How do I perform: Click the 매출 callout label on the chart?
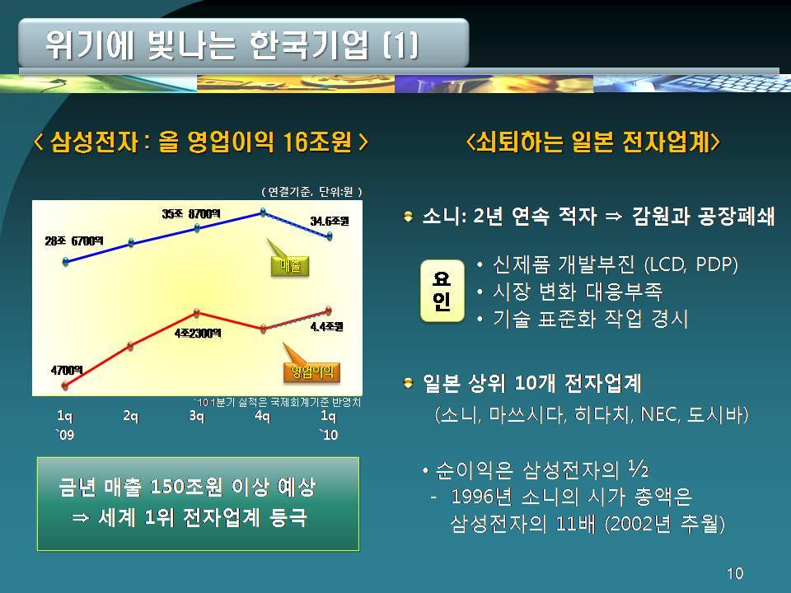(289, 266)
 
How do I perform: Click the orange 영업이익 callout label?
(311, 372)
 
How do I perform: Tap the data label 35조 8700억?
(190, 214)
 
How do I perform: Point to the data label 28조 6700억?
(73, 241)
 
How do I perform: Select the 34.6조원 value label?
(330, 221)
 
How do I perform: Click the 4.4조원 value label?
(327, 327)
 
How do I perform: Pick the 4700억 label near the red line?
(67, 371)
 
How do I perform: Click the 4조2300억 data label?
(198, 334)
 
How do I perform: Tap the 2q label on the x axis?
(131, 416)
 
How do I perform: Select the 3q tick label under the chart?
(196, 416)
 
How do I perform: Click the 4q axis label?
(262, 416)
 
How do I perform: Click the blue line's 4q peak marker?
(263, 212)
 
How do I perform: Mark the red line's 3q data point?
(197, 313)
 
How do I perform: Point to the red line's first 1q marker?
(65, 385)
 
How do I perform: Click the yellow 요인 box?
(442, 291)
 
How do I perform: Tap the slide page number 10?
(734, 573)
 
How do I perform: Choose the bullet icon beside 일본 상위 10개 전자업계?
(408, 384)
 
